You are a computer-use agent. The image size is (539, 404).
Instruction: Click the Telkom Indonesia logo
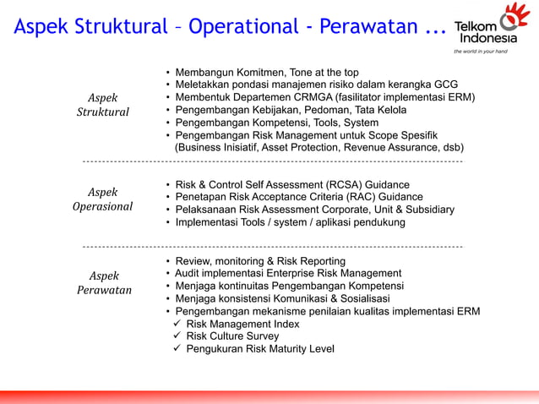pos(491,26)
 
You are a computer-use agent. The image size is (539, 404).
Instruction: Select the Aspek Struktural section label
pos(103,105)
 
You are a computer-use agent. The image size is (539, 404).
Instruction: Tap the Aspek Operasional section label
pos(103,199)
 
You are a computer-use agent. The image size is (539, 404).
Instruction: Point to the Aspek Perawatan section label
pos(103,283)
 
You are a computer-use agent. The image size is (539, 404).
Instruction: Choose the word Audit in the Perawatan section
pos(188,274)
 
